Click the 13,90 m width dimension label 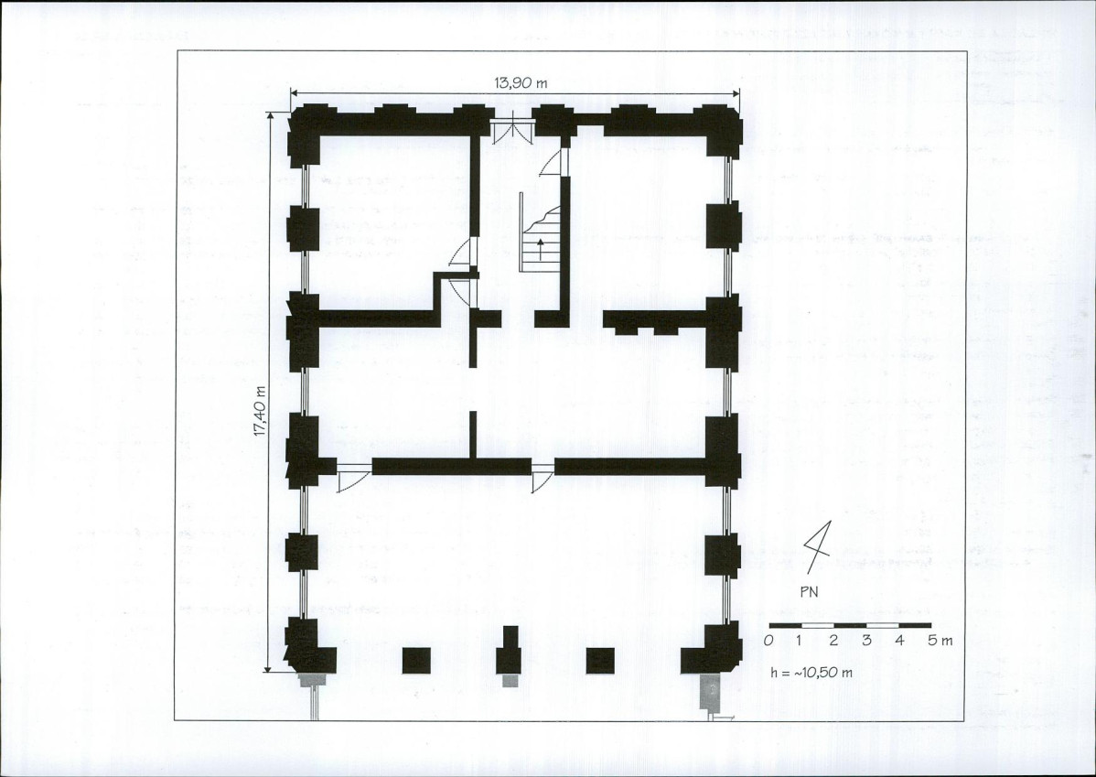(521, 82)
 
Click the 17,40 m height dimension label (260, 411)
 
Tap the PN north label (809, 591)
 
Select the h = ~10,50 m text (811, 673)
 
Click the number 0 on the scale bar (768, 640)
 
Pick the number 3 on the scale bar (866, 640)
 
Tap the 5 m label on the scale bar (940, 640)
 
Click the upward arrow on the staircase (541, 249)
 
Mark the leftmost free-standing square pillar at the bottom (416, 660)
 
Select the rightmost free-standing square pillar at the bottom (600, 660)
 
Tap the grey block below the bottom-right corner (710, 693)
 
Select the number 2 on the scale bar (833, 640)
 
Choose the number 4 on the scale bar (899, 640)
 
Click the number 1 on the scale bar (800, 640)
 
